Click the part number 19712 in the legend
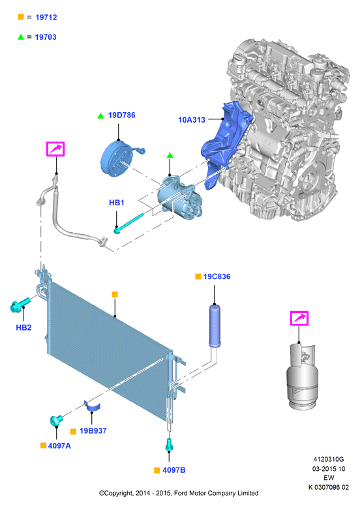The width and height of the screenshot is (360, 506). [x=46, y=18]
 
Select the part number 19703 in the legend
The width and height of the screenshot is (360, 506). [x=46, y=37]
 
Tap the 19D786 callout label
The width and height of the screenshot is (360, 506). [x=121, y=115]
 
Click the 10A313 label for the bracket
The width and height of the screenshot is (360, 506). [x=192, y=120]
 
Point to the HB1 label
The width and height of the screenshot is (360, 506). [x=117, y=202]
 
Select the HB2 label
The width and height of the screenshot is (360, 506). [x=23, y=327]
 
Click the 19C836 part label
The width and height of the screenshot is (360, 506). [x=217, y=276]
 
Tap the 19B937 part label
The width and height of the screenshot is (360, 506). [x=93, y=431]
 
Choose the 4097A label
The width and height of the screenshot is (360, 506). [x=59, y=445]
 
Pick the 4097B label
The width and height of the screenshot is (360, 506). [x=174, y=470]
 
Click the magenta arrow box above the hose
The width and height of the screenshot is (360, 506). [x=55, y=149]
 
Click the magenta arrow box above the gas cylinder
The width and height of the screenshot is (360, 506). [x=299, y=318]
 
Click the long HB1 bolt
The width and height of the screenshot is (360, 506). [x=129, y=222]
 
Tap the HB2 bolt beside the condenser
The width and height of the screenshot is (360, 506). [x=20, y=305]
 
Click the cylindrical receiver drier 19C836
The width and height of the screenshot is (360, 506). [x=215, y=325]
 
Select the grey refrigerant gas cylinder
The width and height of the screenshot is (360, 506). [x=302, y=377]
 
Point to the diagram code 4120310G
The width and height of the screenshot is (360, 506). [x=328, y=459]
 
